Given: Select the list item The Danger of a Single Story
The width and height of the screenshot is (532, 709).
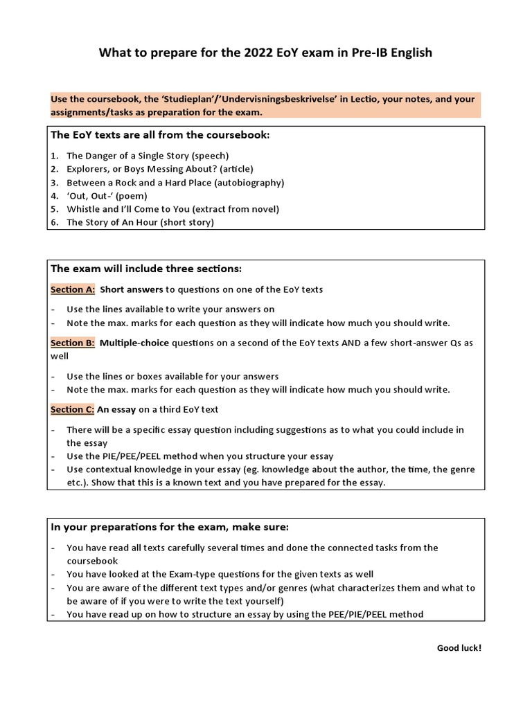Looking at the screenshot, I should pos(147,156).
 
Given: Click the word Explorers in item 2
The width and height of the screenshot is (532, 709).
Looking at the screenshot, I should pos(89,169).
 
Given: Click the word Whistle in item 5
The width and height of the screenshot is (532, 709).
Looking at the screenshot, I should pos(84,209).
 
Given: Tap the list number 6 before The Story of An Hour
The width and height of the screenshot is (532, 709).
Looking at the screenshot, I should pos(54,223).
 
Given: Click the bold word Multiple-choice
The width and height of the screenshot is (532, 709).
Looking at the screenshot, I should pos(134,343).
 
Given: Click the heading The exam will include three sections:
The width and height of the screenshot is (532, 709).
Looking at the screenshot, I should pos(146,269).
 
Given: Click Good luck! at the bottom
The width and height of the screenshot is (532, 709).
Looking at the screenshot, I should pos(459,648).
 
